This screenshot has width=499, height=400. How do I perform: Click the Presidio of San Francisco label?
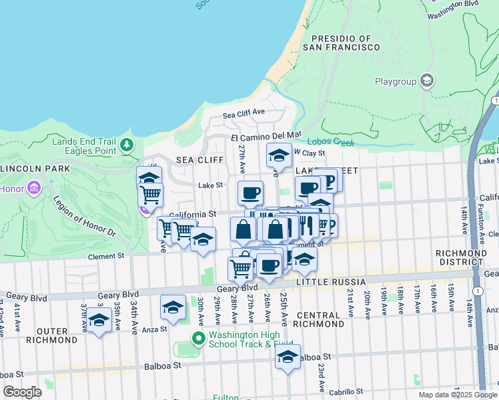click(x=341, y=43)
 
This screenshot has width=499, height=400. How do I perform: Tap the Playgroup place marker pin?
click(x=427, y=82)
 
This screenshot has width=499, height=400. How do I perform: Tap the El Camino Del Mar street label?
click(x=267, y=137)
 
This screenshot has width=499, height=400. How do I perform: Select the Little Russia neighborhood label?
click(x=315, y=283)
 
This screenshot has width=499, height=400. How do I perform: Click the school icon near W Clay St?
click(x=279, y=156)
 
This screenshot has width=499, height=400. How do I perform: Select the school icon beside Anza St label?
click(x=173, y=307)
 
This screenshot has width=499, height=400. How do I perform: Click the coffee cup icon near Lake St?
click(x=250, y=193)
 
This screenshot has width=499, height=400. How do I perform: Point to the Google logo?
click(x=23, y=392)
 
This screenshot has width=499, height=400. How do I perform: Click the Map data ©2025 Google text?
click(x=457, y=395)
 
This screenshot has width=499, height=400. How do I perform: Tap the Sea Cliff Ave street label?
click(x=244, y=114)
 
